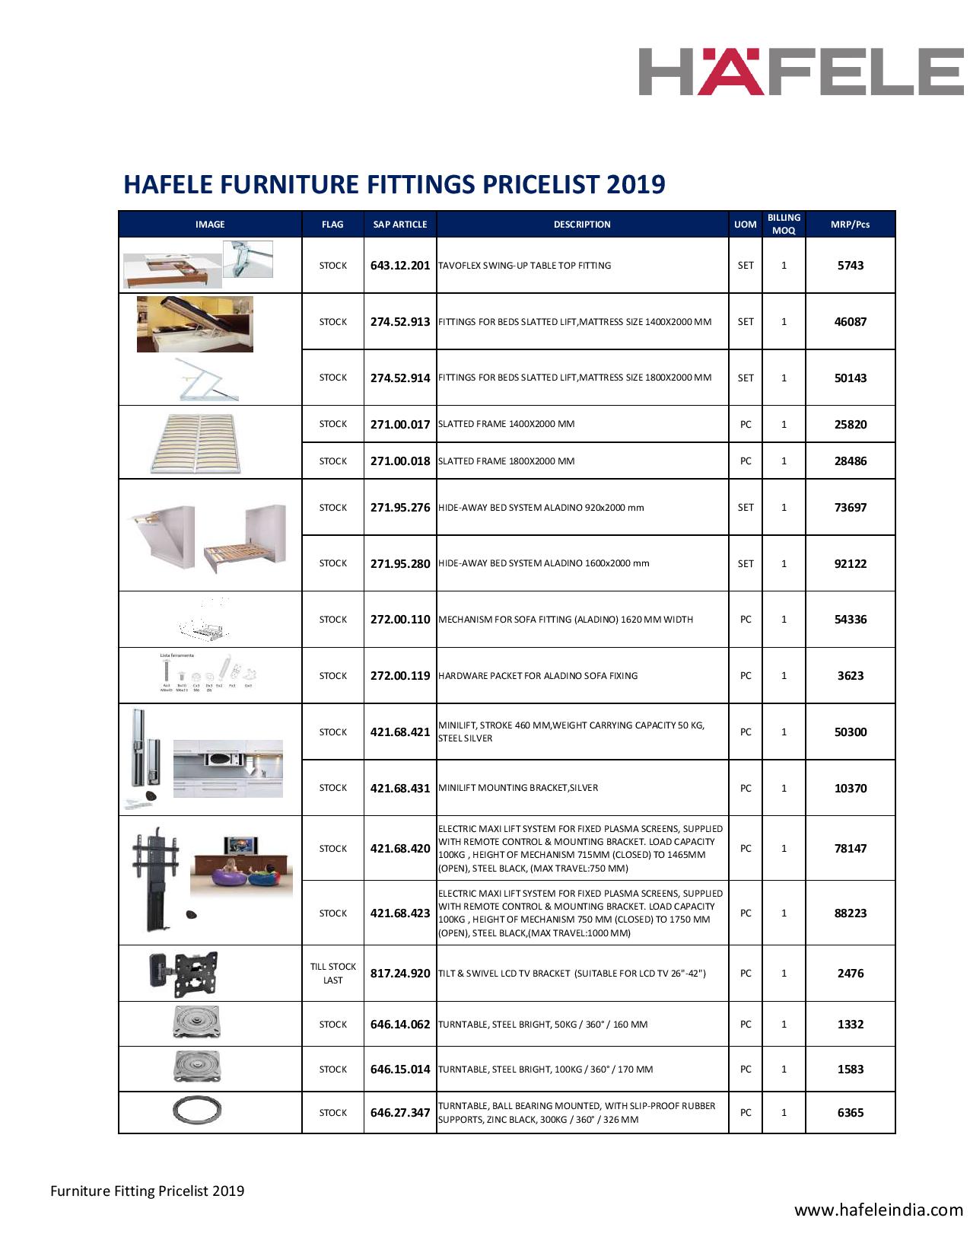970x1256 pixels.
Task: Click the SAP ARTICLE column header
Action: click(x=400, y=225)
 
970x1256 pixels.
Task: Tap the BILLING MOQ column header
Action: click(x=784, y=224)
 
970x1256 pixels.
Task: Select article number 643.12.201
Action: click(x=400, y=266)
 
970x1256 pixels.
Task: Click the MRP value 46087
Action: click(x=850, y=322)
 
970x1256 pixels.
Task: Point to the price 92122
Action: click(x=850, y=564)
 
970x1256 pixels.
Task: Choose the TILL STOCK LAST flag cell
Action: click(x=332, y=974)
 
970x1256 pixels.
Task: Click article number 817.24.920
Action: click(x=400, y=974)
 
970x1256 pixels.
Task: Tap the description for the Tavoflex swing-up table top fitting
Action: click(x=525, y=266)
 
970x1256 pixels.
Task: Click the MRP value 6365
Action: click(x=850, y=1113)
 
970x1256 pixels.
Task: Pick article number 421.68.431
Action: click(x=400, y=789)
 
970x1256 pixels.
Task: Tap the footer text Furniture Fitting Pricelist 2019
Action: click(x=148, y=1191)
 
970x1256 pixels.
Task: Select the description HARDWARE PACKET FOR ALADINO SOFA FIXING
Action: click(x=538, y=676)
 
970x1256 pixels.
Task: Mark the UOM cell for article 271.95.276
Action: click(x=746, y=508)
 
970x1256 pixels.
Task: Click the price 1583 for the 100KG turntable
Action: click(x=850, y=1070)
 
